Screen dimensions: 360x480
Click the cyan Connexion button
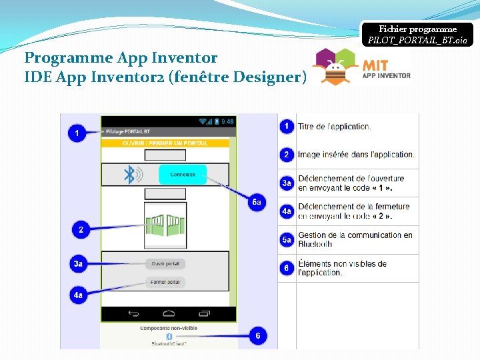click(x=183, y=175)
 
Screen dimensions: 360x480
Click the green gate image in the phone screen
click(x=165, y=225)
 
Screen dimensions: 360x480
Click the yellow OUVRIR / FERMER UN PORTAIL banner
click(x=165, y=143)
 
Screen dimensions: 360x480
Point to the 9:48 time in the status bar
click(x=227, y=121)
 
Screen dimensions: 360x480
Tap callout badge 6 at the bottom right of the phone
click(x=257, y=336)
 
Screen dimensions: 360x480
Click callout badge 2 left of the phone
click(x=81, y=230)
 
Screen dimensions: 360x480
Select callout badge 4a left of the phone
click(x=78, y=294)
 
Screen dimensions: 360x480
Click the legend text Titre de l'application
click(x=334, y=127)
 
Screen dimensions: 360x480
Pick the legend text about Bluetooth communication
click(x=355, y=239)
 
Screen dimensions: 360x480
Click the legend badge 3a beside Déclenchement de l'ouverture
click(x=286, y=183)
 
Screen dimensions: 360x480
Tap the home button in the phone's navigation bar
click(x=169, y=313)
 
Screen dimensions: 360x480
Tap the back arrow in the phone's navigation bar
click(x=133, y=313)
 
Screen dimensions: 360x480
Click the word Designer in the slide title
click(x=269, y=77)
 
